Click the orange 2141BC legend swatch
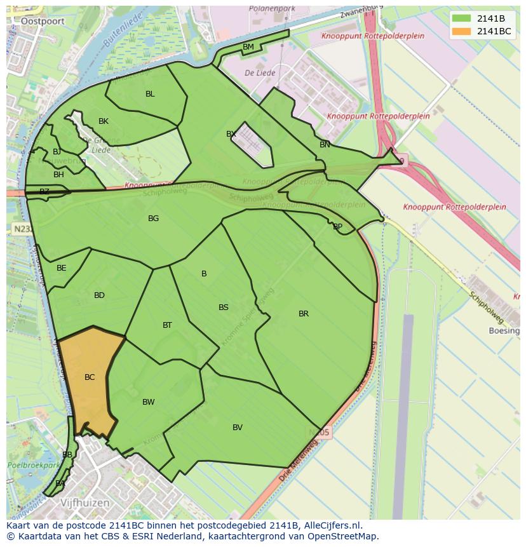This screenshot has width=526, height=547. pyautogui.click(x=463, y=31)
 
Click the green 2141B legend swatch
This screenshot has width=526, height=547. pyautogui.click(x=463, y=19)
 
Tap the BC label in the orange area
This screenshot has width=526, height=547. pyautogui.click(x=90, y=377)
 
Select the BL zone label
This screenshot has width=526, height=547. pyautogui.click(x=150, y=94)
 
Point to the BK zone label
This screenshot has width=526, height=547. pyautogui.click(x=104, y=121)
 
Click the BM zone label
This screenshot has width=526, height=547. pyautogui.click(x=248, y=47)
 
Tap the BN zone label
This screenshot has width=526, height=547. pyautogui.click(x=325, y=145)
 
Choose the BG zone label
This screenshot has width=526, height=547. pyautogui.click(x=153, y=219)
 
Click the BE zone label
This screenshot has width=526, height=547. pyautogui.click(x=62, y=268)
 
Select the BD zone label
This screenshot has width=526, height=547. pyautogui.click(x=99, y=295)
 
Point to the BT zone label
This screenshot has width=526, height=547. pyautogui.click(x=167, y=325)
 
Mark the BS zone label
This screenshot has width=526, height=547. pyautogui.click(x=224, y=307)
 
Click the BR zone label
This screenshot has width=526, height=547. pyautogui.click(x=304, y=314)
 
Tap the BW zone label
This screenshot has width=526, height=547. pyautogui.click(x=149, y=402)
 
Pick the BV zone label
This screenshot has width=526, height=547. pyautogui.click(x=238, y=428)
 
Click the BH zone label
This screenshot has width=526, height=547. pyautogui.click(x=58, y=175)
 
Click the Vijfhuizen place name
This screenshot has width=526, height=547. pyautogui.click(x=84, y=503)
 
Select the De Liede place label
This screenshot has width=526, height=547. pyautogui.click(x=260, y=73)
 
